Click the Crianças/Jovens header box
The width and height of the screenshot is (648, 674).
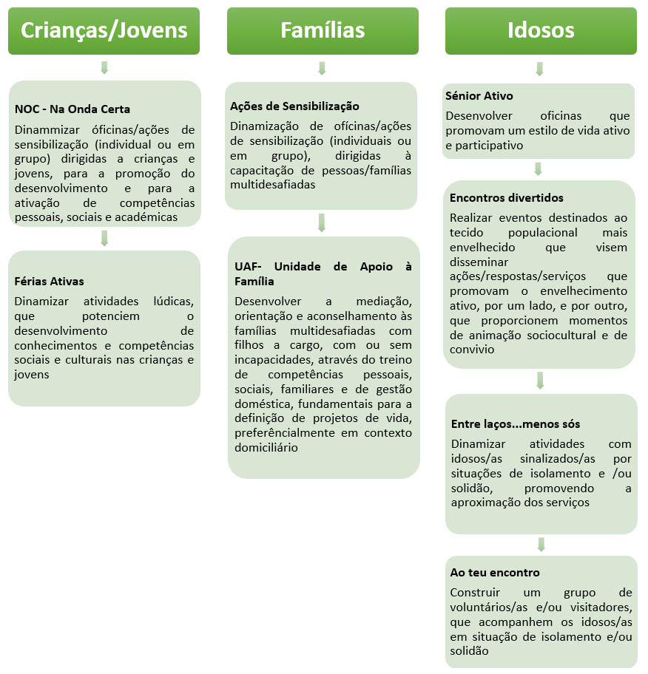(104, 30)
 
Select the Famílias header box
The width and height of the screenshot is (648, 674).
(322, 30)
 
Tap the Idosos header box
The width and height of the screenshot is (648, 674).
(541, 30)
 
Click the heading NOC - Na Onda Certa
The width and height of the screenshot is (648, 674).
(72, 109)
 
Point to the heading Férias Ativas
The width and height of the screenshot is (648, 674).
(49, 282)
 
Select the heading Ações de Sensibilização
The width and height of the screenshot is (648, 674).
(294, 106)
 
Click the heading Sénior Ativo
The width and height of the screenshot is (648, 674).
(479, 96)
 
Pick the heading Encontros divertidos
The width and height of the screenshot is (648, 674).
(506, 198)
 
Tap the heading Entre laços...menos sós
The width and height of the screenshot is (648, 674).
(515, 424)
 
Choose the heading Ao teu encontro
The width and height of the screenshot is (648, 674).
(495, 573)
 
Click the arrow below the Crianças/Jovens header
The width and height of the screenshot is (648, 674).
(104, 68)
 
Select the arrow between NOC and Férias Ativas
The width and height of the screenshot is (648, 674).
(104, 238)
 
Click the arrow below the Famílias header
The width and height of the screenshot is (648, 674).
(322, 68)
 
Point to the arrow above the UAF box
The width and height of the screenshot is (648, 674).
(322, 222)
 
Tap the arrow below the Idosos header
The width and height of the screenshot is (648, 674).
(540, 68)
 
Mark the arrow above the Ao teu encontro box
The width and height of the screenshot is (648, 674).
(541, 545)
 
